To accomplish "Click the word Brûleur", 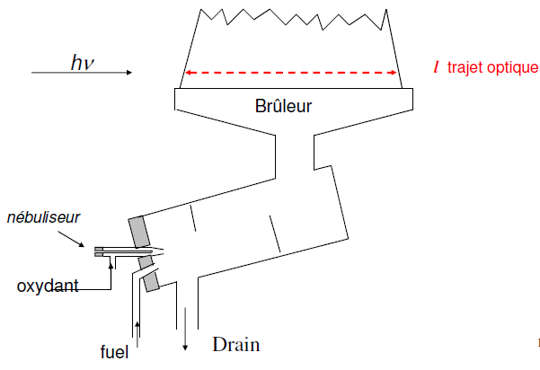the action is point(283,106).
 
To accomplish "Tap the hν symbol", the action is point(83,63).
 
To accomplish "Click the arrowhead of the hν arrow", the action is point(129,72).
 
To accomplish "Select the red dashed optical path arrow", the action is point(291,73).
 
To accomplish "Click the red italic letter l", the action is point(437,66).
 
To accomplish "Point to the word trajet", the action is point(465,67).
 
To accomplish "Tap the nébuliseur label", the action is point(43,217).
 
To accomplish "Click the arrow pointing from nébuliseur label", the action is point(71,239).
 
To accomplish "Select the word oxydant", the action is point(48,286).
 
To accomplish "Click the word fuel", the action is point(114,352).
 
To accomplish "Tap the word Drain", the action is point(236,344).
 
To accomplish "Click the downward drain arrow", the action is point(185,329).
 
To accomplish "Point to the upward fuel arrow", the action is point(137,335).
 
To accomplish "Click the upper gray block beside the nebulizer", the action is point(139,232).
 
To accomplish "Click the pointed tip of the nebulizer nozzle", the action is point(164,252).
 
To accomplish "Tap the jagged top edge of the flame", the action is point(294,19).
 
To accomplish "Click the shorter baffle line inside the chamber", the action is point(193,218).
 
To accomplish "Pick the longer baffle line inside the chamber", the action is point(275,234).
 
